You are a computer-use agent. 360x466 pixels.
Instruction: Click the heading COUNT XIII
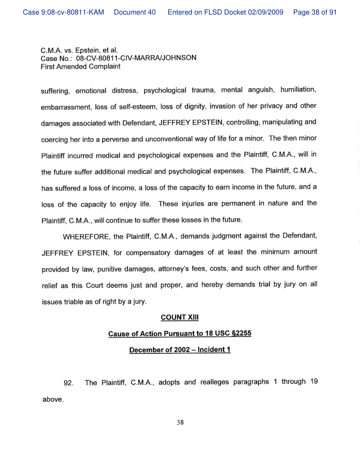pyautogui.click(x=180, y=317)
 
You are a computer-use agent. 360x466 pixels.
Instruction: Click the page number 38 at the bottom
pyautogui.click(x=180, y=422)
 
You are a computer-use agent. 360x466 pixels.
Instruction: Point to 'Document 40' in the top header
pyautogui.click(x=135, y=12)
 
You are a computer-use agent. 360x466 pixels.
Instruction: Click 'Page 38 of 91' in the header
pyautogui.click(x=315, y=12)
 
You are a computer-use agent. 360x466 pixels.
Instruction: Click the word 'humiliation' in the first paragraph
pyautogui.click(x=297, y=90)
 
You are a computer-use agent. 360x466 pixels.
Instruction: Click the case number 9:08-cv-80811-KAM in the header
pyautogui.click(x=64, y=12)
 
